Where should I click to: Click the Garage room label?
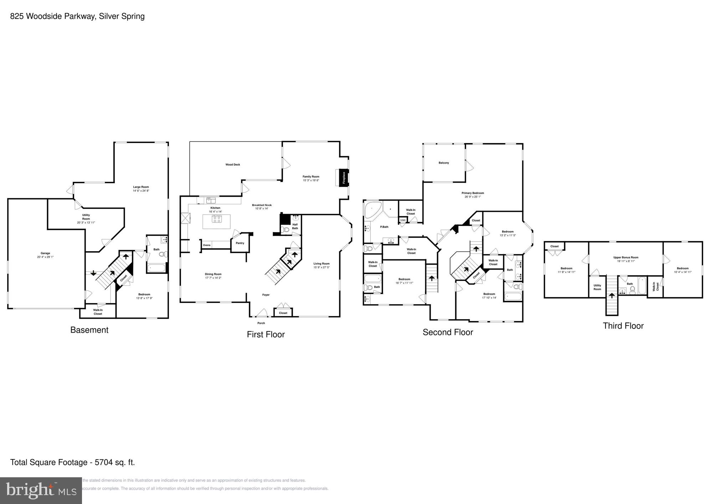click(x=45, y=253)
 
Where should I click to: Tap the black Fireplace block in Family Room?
click(x=344, y=178)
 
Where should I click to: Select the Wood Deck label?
click(x=232, y=165)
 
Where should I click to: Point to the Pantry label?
click(x=240, y=243)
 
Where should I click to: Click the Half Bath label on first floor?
click(x=295, y=226)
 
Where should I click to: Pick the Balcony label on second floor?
click(x=443, y=163)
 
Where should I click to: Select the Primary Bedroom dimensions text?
click(x=473, y=197)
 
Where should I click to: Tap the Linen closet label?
click(x=403, y=220)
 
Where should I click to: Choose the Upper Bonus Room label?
click(x=626, y=257)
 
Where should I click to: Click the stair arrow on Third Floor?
click(x=612, y=295)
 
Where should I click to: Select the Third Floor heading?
click(x=623, y=326)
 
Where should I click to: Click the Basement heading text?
click(x=89, y=330)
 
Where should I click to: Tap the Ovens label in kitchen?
click(x=207, y=245)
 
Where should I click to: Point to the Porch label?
click(x=261, y=323)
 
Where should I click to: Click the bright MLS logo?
click(x=41, y=491)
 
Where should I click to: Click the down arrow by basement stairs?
click(x=93, y=273)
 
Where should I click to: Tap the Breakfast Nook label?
click(x=262, y=205)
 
